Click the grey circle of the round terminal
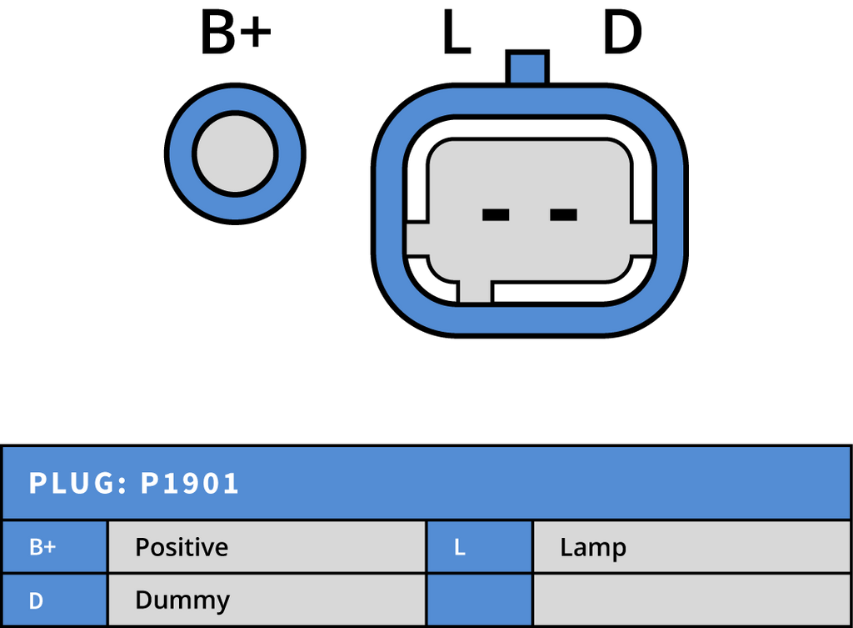235,155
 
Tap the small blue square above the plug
527,69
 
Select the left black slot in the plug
496,215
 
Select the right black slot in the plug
563,215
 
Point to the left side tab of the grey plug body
417,239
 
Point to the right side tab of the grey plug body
641,239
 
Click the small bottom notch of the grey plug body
475,290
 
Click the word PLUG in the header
70,484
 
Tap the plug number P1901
190,484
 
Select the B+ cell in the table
55,547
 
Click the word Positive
182,547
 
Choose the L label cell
479,547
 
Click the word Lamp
593,547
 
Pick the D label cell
55,600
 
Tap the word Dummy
182,600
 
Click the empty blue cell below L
479,600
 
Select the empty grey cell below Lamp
691,600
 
